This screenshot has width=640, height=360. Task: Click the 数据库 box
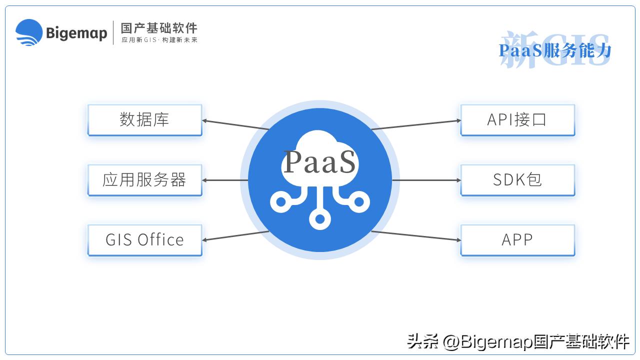[x=144, y=120]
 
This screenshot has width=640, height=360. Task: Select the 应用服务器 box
[x=144, y=180]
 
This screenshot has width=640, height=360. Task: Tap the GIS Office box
[x=144, y=240]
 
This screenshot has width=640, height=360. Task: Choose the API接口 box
[x=517, y=120]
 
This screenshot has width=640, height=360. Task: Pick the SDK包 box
[x=517, y=180]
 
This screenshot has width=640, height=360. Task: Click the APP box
[x=517, y=240]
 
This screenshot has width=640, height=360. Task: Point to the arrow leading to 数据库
[x=235, y=124]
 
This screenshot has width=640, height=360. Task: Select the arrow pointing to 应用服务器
[x=225, y=180]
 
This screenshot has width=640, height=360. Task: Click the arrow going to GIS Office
[x=235, y=235]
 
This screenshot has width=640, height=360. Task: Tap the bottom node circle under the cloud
[x=320, y=218]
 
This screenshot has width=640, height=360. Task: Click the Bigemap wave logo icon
[x=28, y=32]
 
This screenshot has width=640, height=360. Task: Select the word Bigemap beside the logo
[x=76, y=33]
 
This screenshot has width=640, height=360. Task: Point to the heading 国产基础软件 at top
[x=159, y=27]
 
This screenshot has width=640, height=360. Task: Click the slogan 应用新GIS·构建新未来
[x=159, y=40]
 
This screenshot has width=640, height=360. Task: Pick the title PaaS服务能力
[x=555, y=50]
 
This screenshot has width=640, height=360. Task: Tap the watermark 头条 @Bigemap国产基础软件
[x=517, y=342]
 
